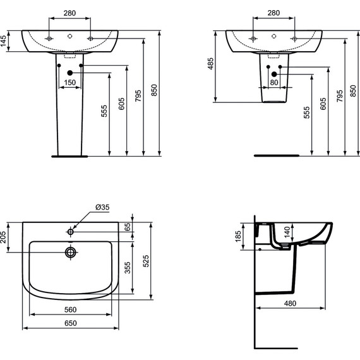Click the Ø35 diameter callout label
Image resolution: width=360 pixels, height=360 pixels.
coord(102,207)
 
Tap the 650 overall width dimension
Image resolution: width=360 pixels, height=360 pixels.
coord(71,323)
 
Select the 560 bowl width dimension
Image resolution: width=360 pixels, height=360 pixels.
coord(70,309)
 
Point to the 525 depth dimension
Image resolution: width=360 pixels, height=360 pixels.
coord(146,261)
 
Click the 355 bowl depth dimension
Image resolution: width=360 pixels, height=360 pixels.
coord(127,268)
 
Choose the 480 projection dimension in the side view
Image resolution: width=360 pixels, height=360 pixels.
coord(290,303)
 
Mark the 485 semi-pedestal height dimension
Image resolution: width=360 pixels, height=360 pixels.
coord(210,64)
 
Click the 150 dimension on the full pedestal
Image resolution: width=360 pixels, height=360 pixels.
coord(70,82)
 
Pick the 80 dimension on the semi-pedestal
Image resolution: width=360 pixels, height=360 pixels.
coord(274,82)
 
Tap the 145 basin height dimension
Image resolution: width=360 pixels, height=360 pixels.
coord(3,41)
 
